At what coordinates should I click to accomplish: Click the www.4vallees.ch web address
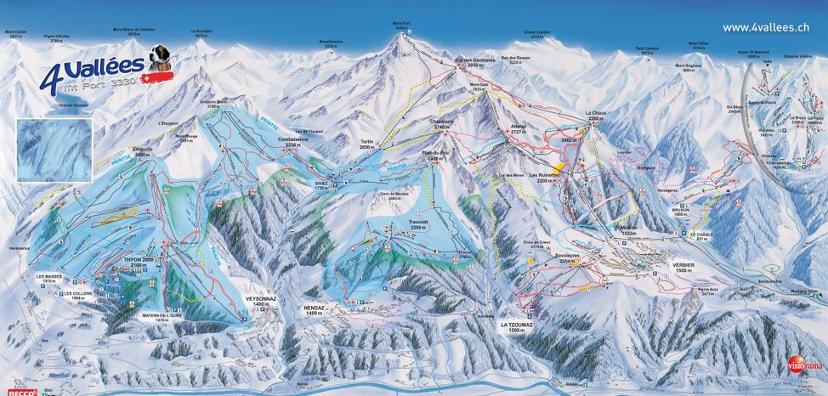point(765,27)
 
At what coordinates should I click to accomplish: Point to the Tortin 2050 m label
point(367,144)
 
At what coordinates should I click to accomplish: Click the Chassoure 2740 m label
point(443,124)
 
